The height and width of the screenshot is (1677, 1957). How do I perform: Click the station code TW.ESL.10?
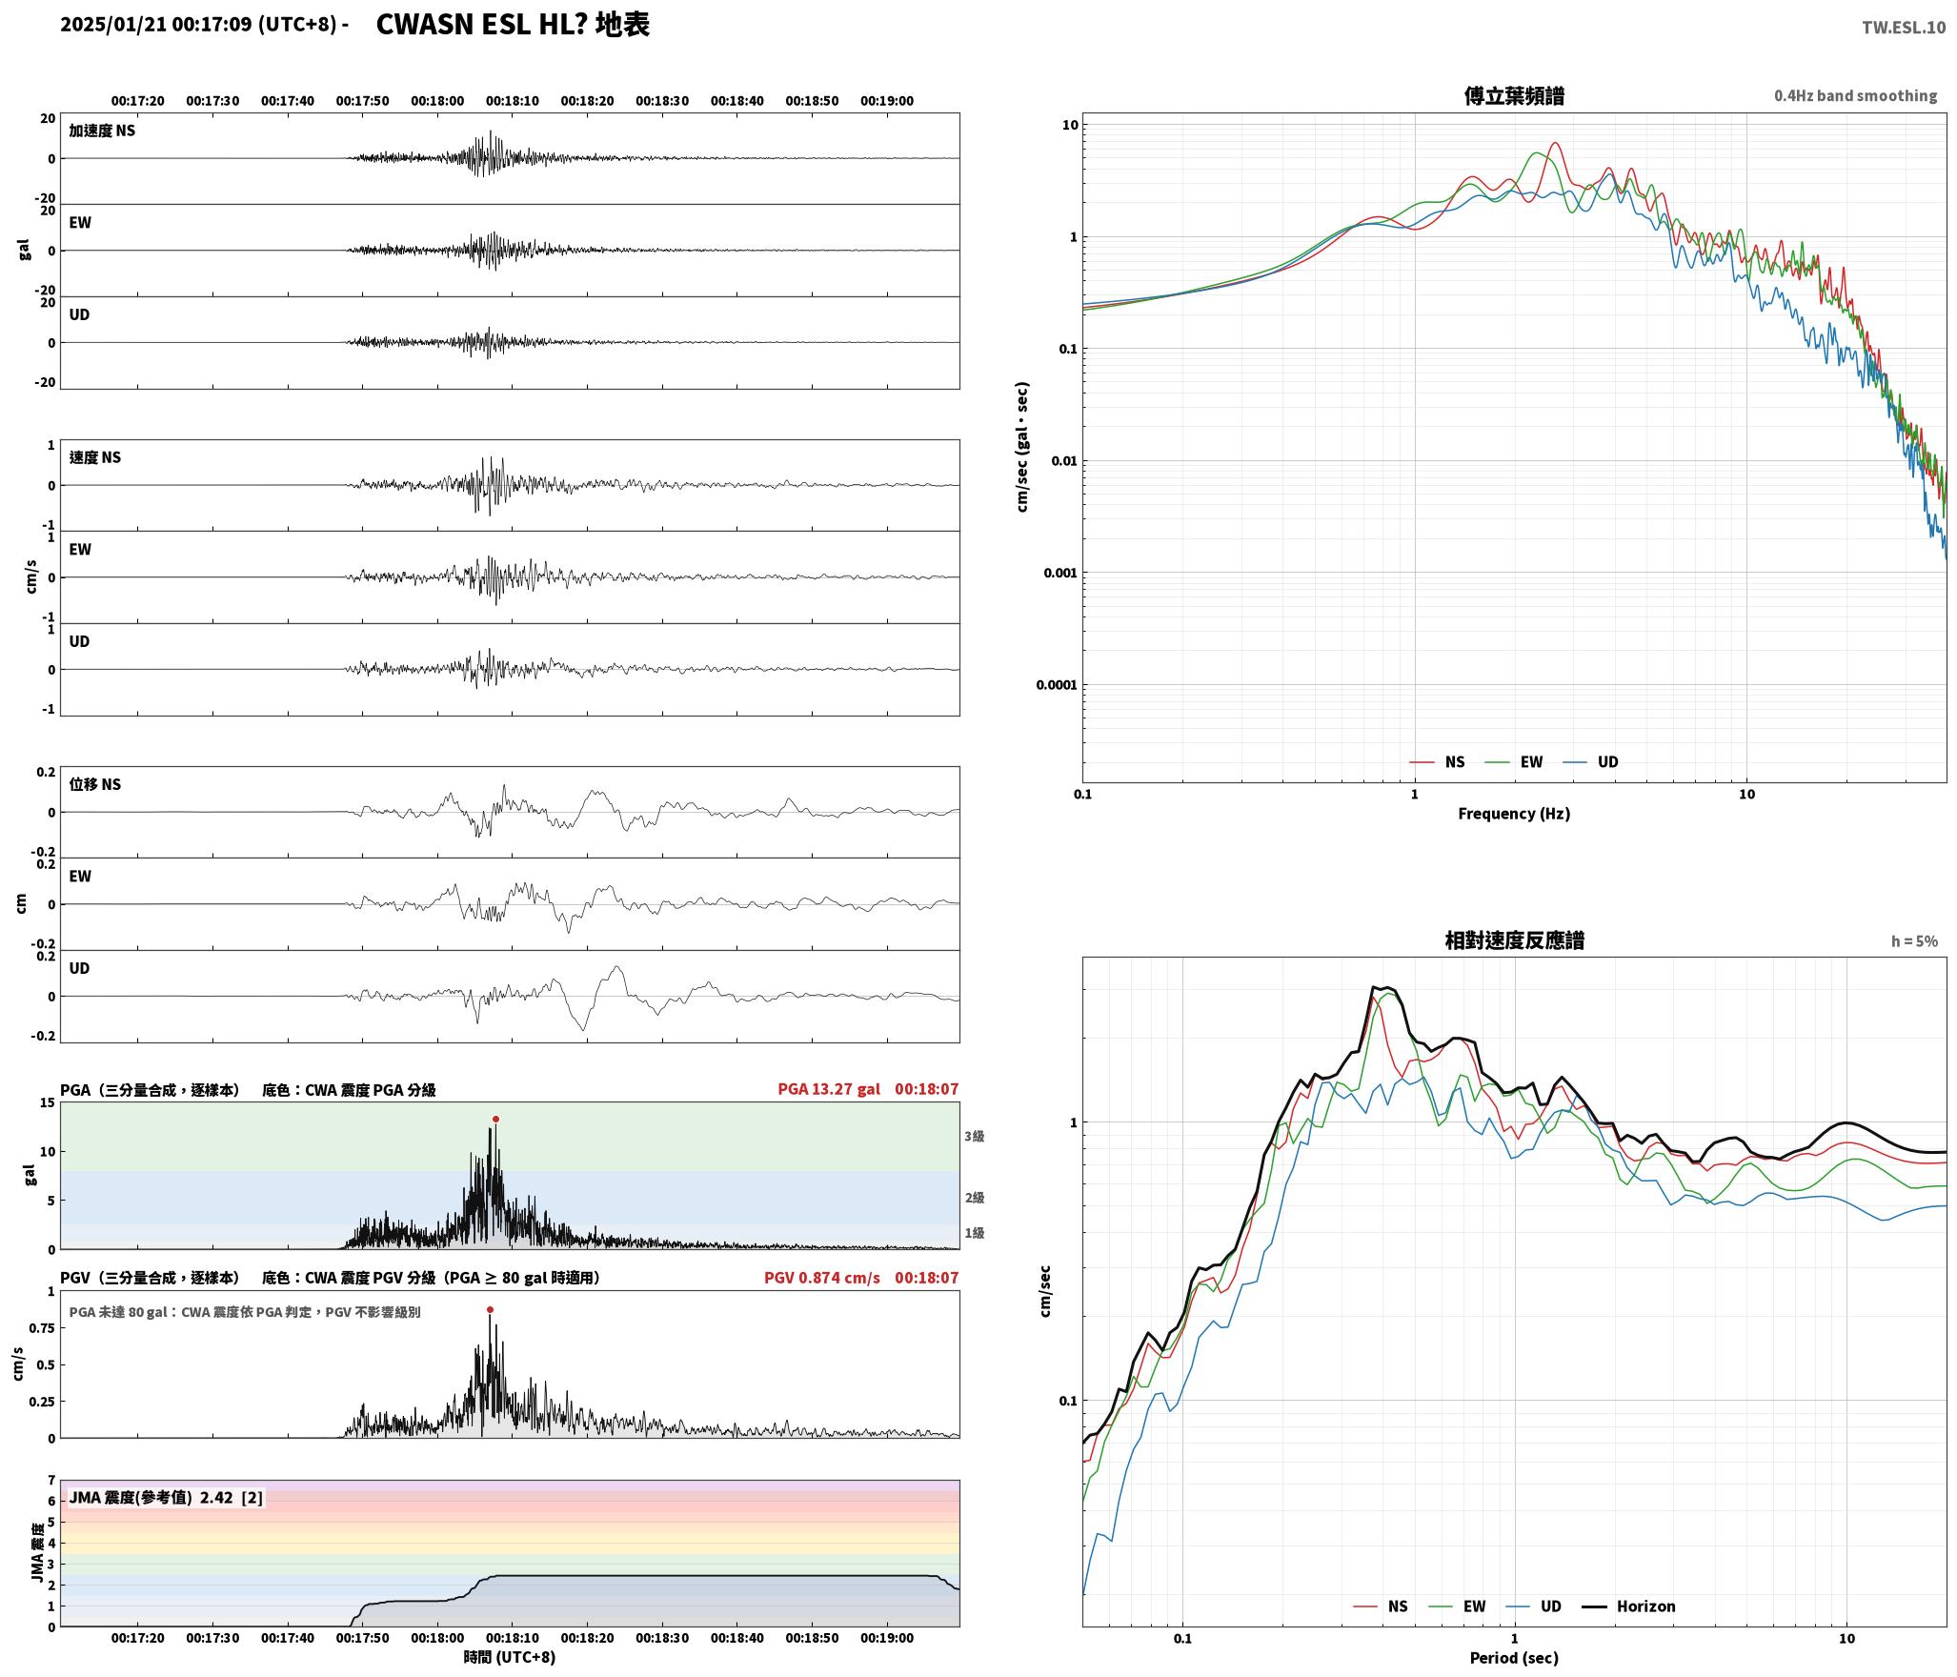point(1904,28)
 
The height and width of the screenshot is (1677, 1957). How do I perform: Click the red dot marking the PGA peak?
point(495,1119)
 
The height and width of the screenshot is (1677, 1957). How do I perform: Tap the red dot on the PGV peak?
point(490,1309)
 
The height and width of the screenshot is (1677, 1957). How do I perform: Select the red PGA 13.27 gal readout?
point(829,1089)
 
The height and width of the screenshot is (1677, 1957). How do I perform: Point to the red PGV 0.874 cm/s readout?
point(822,1278)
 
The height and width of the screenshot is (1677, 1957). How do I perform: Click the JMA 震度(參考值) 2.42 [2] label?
point(166,1497)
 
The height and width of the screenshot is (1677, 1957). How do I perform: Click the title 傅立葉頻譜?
point(1514,95)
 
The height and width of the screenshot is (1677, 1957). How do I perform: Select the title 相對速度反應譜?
point(1514,940)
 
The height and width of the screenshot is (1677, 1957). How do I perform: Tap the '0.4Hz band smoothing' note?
point(1855,96)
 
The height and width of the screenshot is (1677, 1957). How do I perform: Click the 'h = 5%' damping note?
point(1914,941)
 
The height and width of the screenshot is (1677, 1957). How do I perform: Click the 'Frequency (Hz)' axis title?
point(1514,814)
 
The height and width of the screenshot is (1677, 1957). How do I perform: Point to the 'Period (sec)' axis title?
point(1514,1658)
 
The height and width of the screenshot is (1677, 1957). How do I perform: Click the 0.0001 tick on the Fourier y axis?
point(1058,685)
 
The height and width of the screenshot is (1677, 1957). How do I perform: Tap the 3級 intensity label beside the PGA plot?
point(974,1136)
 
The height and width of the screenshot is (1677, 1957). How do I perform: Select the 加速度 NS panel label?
point(102,131)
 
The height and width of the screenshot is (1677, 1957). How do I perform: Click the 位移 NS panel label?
point(95,784)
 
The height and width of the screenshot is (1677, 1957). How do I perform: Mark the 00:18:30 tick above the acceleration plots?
point(662,101)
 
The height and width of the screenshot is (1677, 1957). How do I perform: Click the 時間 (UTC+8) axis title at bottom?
point(510,1657)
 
